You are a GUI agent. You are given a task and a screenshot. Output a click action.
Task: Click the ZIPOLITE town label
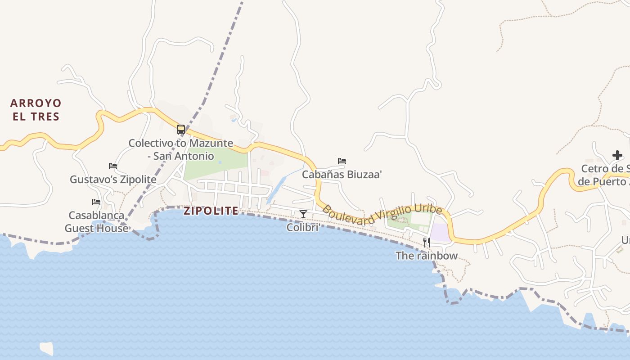211,211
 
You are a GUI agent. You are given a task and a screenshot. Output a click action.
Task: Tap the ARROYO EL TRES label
36,110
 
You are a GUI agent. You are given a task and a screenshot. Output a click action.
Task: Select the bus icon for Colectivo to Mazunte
181,130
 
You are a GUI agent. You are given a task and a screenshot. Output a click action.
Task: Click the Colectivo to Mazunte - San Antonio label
181,149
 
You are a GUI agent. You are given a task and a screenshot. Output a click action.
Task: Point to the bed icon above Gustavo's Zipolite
113,166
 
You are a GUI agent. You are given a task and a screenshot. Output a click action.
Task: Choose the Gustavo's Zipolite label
113,180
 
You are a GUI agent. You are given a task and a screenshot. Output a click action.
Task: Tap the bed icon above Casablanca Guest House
96,202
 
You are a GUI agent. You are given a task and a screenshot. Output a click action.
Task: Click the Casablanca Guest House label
96,222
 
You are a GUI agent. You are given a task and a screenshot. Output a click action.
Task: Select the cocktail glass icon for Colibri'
303,214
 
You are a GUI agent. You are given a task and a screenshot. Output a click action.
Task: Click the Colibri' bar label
303,227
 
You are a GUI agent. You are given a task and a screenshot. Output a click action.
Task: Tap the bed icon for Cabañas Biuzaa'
342,161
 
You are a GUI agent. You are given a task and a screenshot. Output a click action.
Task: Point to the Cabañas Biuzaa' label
342,175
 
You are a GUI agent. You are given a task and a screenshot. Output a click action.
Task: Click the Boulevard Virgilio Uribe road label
382,215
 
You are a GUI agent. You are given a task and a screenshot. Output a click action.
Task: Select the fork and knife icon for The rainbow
426,243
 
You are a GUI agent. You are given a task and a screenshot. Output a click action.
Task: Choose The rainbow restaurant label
426,256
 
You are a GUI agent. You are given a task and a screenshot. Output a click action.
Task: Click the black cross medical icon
617,155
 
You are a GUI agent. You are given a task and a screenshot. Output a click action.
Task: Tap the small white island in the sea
46,348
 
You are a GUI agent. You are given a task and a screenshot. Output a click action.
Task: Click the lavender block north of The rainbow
440,233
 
